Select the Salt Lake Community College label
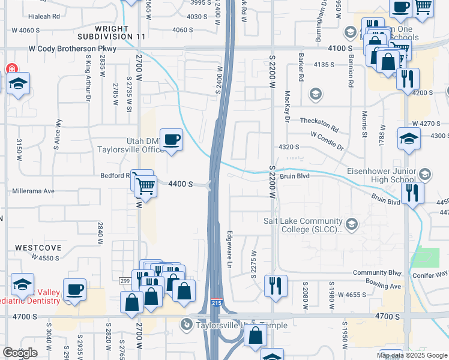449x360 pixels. tap(303, 224)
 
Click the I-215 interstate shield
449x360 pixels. tap(217, 304)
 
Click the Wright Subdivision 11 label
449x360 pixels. tap(120, 32)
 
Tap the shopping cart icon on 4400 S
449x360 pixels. tap(145, 185)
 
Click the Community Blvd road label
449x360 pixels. tap(376, 272)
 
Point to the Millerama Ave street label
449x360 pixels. tap(33, 191)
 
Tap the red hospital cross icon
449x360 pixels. tap(11, 69)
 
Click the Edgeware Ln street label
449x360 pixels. tap(229, 249)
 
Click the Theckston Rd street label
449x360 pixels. tap(320, 125)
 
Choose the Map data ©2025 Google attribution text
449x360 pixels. tap(412, 355)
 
